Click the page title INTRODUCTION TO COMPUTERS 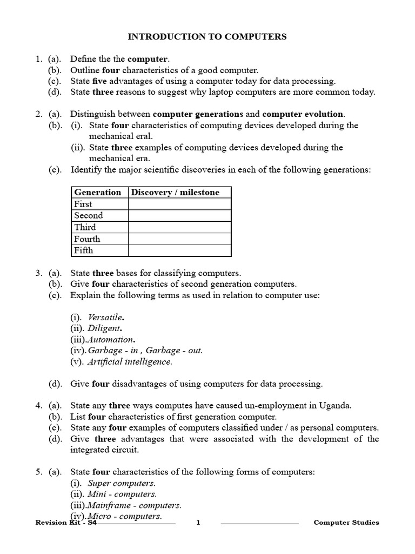(x=207, y=37)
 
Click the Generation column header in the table (x=98, y=192)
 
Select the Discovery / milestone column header (x=176, y=192)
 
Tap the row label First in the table (x=83, y=204)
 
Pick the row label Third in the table (x=85, y=227)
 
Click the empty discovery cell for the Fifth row (x=179, y=250)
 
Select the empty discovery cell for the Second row (x=179, y=215)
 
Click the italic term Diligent (x=104, y=328)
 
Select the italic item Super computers (x=122, y=483)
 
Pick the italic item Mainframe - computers (x=135, y=505)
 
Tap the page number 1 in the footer (x=198, y=522)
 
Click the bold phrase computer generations (x=198, y=114)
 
